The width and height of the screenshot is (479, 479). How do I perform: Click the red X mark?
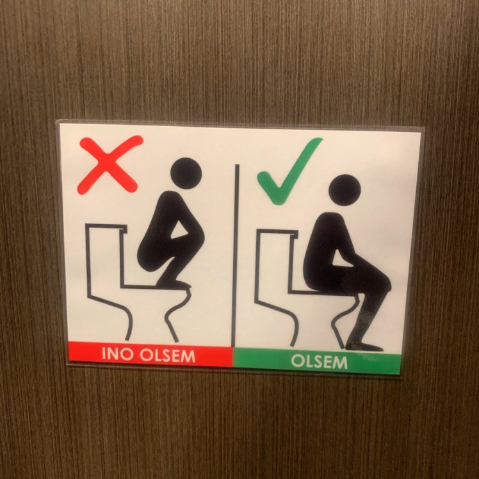point(110,165)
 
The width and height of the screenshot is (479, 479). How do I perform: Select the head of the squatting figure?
point(186,173)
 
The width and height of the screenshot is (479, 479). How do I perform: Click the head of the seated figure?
point(345,190)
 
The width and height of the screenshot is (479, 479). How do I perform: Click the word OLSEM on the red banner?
point(167,356)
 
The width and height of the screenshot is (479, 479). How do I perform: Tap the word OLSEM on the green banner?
point(320,362)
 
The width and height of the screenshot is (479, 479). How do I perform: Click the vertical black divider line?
point(235,256)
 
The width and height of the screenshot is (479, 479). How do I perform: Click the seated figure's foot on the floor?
point(364,347)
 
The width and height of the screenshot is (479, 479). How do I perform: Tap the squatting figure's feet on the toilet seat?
point(174,284)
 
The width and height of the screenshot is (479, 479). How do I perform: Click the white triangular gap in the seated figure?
point(341,259)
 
